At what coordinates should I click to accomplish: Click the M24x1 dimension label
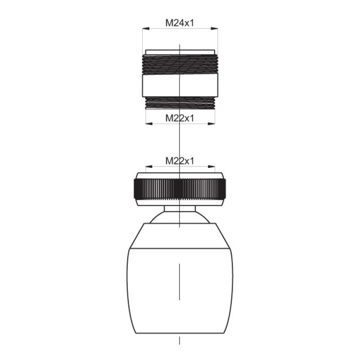(180, 23)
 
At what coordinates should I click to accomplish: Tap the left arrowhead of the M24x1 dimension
(146, 28)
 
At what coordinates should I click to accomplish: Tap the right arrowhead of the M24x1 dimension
(215, 28)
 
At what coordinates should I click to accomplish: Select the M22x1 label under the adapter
(180, 118)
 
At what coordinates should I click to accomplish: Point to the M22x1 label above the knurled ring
(180, 161)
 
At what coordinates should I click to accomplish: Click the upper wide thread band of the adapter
(180, 64)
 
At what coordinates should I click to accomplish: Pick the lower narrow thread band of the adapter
(180, 103)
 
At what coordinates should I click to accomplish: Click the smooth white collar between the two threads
(180, 85)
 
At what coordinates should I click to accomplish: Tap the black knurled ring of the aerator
(180, 189)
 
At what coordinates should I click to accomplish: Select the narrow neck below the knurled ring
(180, 208)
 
